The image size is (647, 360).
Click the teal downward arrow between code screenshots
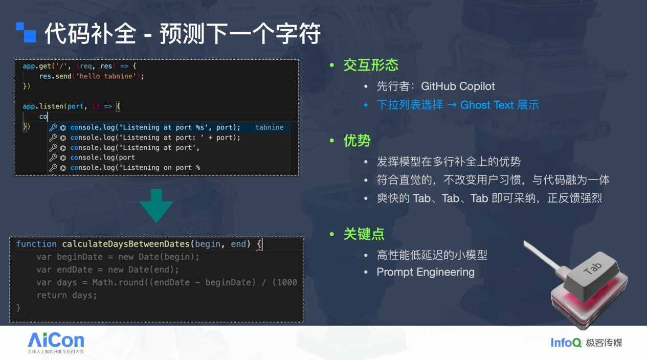coord(157,206)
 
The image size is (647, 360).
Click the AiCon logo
coord(56,343)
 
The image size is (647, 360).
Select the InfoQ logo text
coord(566,343)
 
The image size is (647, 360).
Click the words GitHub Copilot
coord(458,86)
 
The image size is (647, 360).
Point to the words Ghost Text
coord(487,105)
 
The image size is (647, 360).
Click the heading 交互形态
coord(371,65)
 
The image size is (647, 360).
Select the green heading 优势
coord(357,141)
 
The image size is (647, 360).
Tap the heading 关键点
coord(364,234)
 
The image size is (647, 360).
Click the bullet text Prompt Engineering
coord(426,272)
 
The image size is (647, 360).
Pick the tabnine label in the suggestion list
coord(269,127)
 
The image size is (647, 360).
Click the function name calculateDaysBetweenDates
coord(126,244)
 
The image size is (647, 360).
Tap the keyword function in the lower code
coord(36,244)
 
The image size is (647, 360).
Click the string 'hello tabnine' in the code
coord(106,76)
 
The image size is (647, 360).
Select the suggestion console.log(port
coord(102,157)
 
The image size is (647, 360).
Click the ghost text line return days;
coord(66,296)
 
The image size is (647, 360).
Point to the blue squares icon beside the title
coord(26,32)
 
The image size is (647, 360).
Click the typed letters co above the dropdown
coord(43,117)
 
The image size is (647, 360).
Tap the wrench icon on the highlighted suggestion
coord(53,127)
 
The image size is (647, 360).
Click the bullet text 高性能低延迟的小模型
coord(432,255)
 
